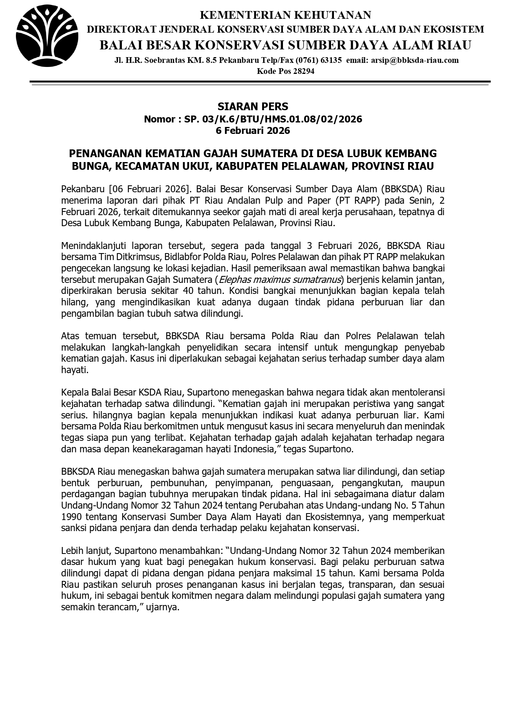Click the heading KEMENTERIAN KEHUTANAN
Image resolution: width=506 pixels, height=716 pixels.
[x=285, y=15]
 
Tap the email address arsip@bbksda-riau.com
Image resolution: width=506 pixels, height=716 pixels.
[x=415, y=60]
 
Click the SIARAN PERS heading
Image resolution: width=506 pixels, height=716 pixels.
[x=253, y=107]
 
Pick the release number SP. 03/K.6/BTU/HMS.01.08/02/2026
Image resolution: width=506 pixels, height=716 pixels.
[x=273, y=119]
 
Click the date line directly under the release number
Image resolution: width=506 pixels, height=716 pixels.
[x=253, y=131]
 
